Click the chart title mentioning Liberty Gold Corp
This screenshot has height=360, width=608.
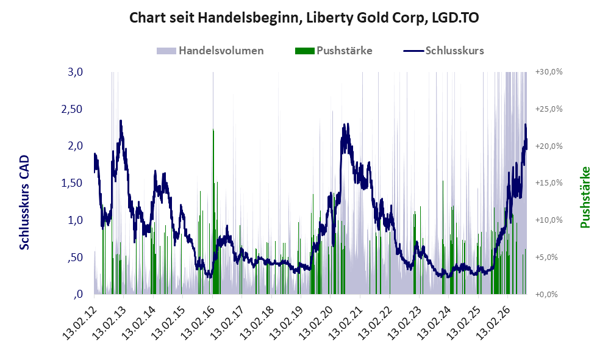coord(304,18)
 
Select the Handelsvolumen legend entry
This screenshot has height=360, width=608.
coord(210,51)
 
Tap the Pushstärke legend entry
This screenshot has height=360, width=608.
coord(334,51)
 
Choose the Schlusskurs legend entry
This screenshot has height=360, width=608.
coord(443,51)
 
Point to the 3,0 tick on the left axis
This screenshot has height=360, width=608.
coord(75,72)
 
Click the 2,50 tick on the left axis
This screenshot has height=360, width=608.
coord(72,109)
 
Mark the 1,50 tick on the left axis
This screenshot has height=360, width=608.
coord(72,183)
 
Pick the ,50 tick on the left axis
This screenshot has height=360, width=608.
coord(75,257)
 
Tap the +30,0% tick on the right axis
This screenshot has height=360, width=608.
coord(549,72)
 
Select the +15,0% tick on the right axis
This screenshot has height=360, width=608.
coord(549,182)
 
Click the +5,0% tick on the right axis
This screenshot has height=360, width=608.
coord(546,257)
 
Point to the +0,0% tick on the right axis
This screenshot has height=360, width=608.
coord(546,295)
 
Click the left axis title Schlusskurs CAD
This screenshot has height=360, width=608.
coord(24,202)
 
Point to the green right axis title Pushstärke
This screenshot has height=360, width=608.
coord(585,197)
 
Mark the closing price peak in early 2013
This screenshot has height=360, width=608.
coord(121,121)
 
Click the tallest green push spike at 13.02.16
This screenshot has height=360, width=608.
coord(213,211)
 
